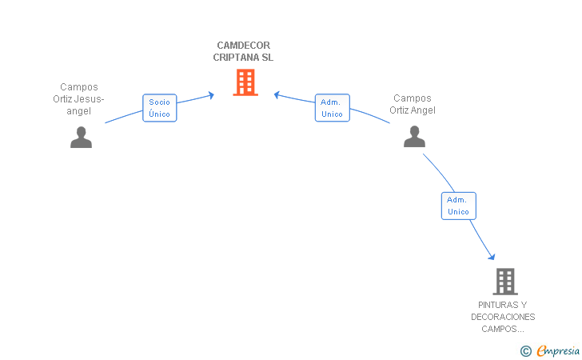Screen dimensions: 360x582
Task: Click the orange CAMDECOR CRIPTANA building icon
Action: [x=245, y=82]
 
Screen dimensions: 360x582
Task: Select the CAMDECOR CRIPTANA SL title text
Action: [x=243, y=51]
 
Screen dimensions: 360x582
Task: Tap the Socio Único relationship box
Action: [x=159, y=108]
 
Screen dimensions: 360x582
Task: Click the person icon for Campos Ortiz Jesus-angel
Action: [x=81, y=138]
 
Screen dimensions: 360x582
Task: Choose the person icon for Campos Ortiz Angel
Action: [x=414, y=137]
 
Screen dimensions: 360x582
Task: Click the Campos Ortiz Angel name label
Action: [x=413, y=104]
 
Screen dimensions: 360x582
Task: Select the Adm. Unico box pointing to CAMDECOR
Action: [x=332, y=108]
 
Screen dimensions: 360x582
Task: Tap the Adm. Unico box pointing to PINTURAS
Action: [x=458, y=206]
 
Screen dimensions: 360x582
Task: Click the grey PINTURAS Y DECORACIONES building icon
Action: [x=504, y=282]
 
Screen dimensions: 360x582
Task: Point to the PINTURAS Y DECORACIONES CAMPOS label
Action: [x=503, y=317]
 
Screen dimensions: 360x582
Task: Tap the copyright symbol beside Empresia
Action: [x=525, y=350]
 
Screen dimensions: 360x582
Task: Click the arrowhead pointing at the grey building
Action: [x=492, y=256]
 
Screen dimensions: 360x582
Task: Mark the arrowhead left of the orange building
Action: [x=211, y=95]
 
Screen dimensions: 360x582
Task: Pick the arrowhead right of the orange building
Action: [x=277, y=95]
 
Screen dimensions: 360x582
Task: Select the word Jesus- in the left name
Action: [x=89, y=99]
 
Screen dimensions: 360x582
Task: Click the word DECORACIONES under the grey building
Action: [x=503, y=317]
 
